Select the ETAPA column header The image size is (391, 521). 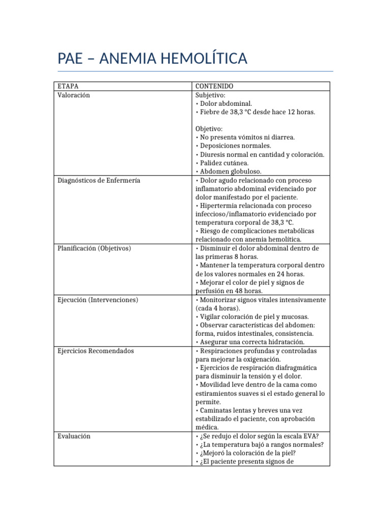(x=68, y=86)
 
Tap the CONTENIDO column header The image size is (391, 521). (x=214, y=86)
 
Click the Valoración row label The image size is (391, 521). (x=74, y=95)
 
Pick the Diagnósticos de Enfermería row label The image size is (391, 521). (x=99, y=180)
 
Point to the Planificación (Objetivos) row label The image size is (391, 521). (x=94, y=248)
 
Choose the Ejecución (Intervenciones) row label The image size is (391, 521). (x=98, y=300)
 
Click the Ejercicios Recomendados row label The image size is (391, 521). (x=96, y=351)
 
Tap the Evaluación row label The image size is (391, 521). (x=74, y=436)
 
